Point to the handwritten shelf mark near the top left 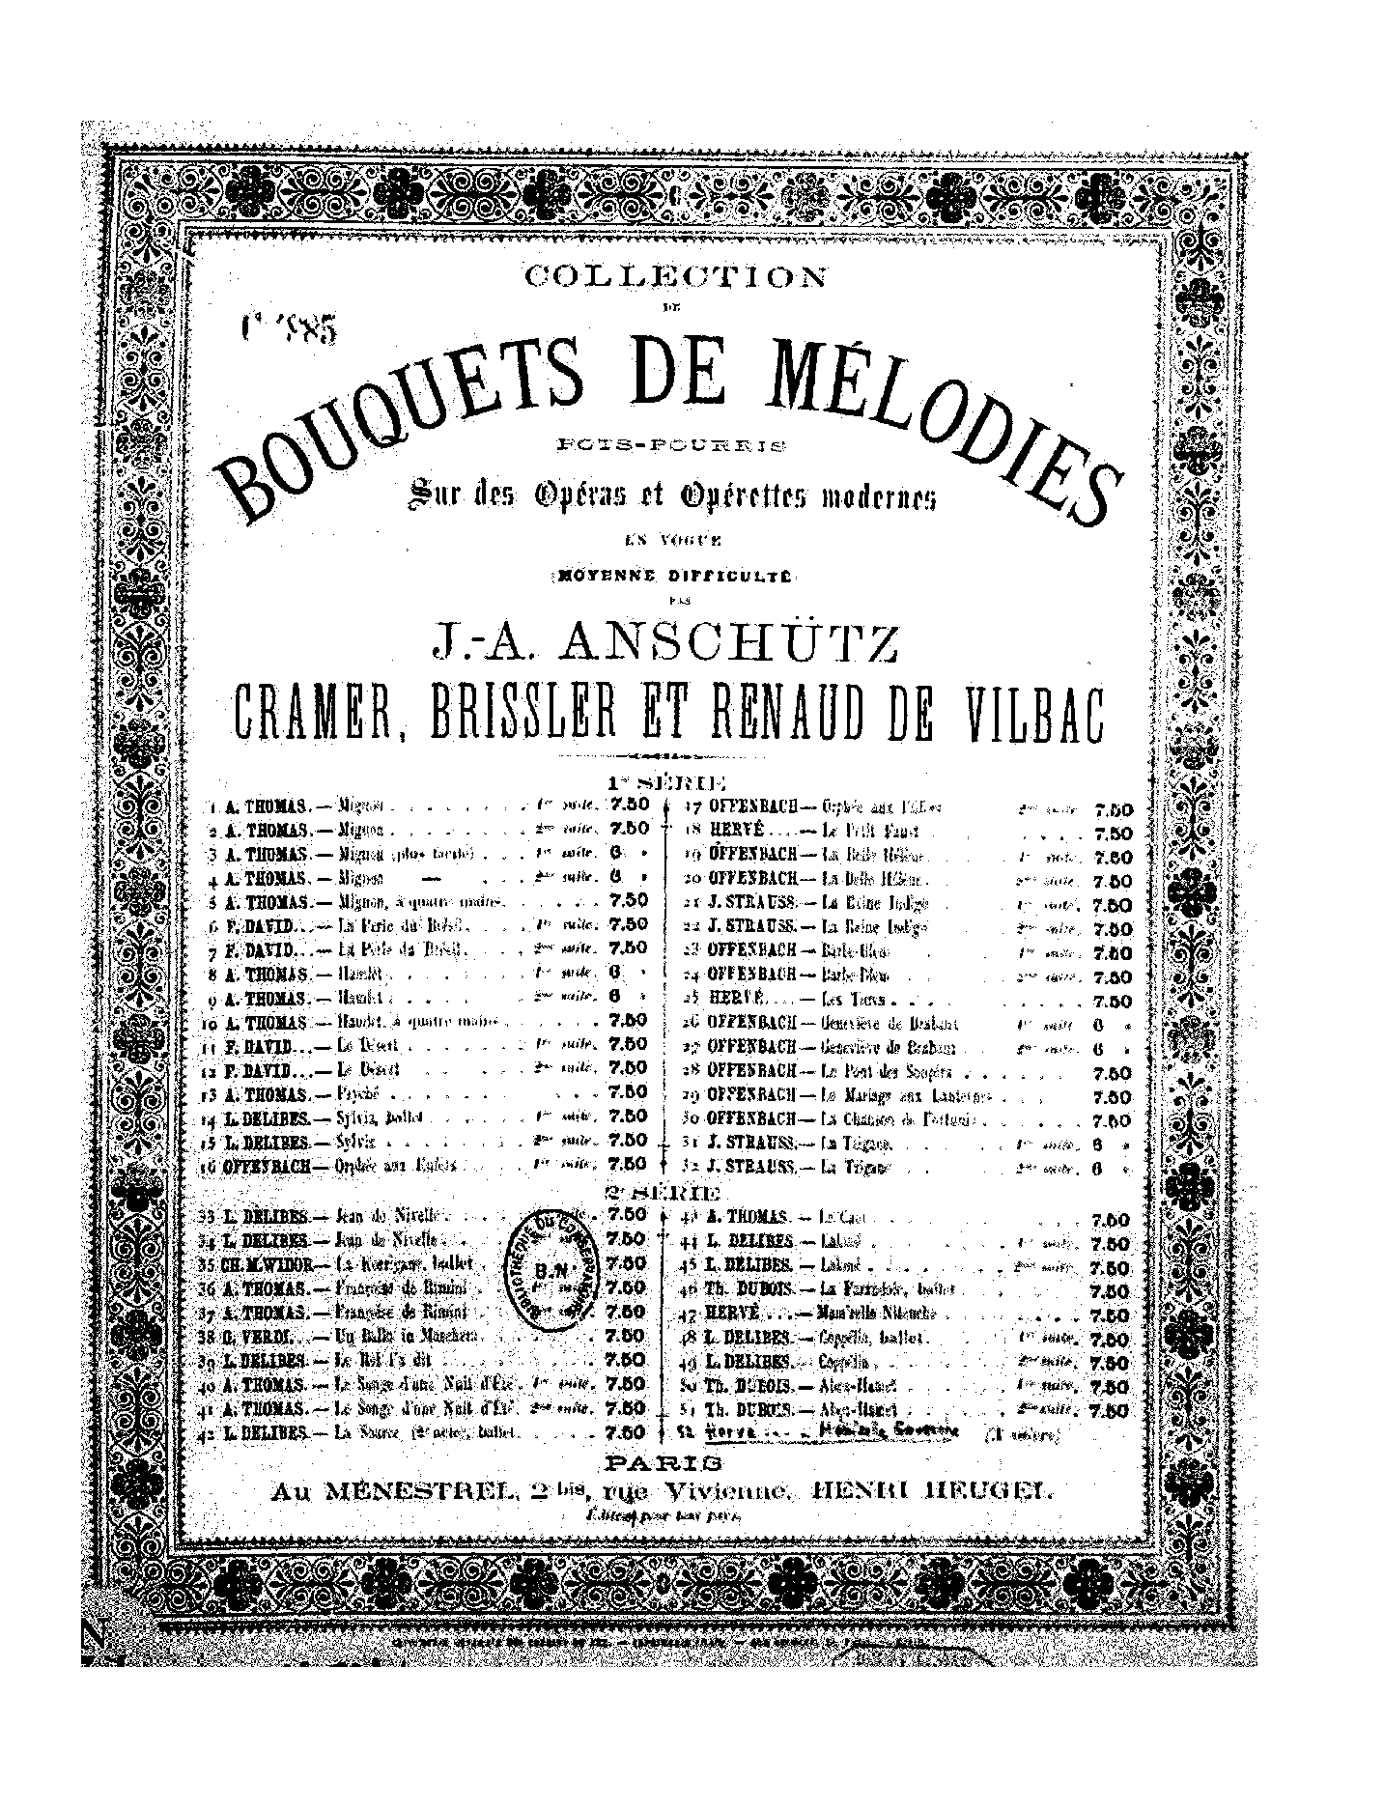(288, 330)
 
